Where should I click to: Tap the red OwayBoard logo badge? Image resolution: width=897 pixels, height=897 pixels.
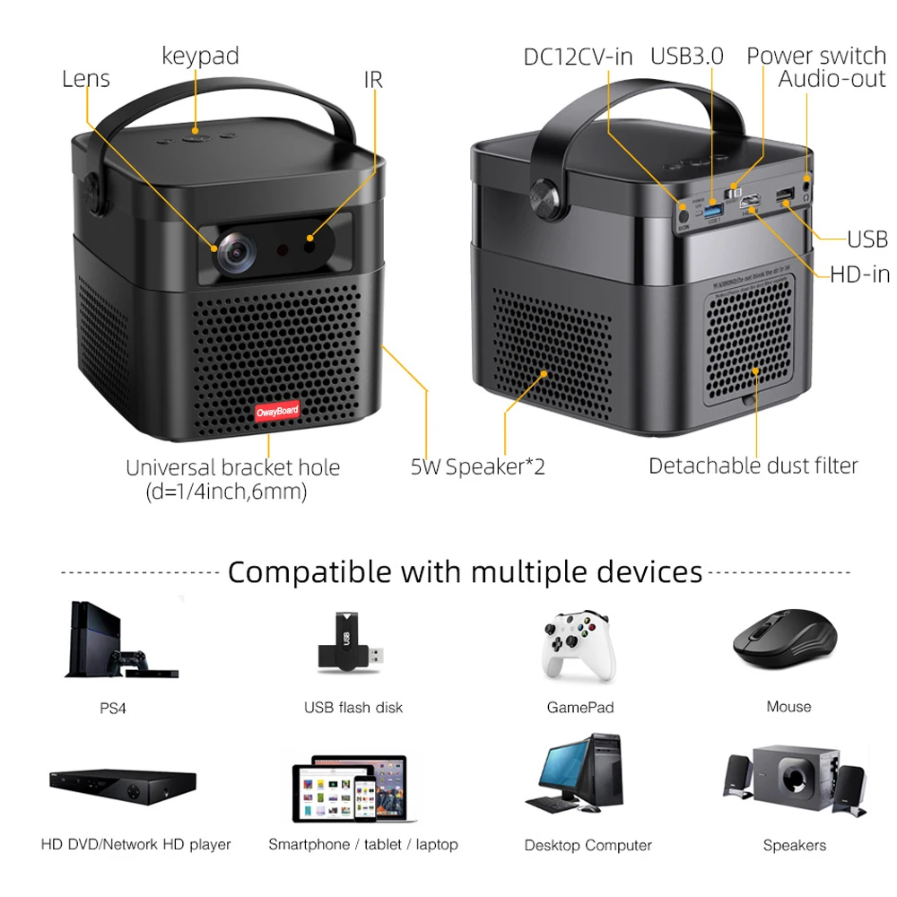click(278, 412)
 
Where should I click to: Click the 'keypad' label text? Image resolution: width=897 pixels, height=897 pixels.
click(200, 56)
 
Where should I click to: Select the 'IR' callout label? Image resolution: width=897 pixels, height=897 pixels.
click(373, 80)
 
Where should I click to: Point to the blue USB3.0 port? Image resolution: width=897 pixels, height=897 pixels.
click(713, 211)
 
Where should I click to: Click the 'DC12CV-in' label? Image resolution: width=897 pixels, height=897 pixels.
click(578, 57)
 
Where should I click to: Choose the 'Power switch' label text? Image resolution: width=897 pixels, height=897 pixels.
click(816, 56)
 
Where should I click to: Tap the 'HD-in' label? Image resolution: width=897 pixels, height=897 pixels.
click(859, 274)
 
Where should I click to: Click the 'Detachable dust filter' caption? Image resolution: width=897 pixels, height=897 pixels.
click(753, 466)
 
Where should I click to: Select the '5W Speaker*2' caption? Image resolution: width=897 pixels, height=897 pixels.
click(478, 466)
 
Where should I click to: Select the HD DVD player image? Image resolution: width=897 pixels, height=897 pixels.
click(122, 786)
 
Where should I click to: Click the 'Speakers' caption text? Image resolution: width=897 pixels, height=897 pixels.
click(794, 845)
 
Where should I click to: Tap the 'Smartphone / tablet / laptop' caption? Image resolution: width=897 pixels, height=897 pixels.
click(362, 844)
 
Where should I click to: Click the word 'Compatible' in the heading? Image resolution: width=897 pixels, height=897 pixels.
click(309, 571)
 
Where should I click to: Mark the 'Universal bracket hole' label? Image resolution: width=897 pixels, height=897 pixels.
click(232, 467)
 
